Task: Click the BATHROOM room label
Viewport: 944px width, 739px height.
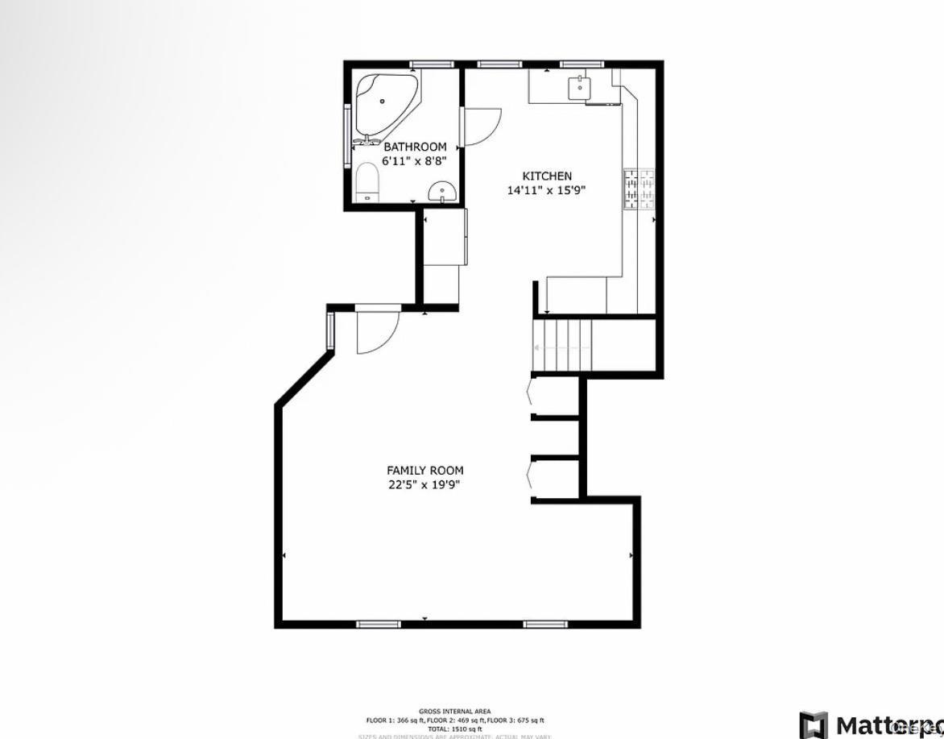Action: coord(414,147)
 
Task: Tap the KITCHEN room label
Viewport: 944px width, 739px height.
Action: coord(547,176)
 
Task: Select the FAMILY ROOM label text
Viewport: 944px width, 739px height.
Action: coord(424,471)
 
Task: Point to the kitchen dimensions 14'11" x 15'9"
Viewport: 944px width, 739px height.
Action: coord(546,191)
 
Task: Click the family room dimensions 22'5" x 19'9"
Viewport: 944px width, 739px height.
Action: coord(424,485)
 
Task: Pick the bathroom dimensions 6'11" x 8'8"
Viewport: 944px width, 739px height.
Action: coord(414,161)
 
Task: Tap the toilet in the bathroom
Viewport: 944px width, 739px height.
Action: coord(366,182)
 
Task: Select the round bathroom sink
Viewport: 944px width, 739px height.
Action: coord(442,191)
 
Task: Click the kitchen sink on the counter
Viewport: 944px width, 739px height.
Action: coord(578,87)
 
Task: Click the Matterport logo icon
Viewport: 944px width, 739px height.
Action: coord(813,725)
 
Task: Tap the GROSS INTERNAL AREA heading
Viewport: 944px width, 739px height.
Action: coord(454,712)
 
